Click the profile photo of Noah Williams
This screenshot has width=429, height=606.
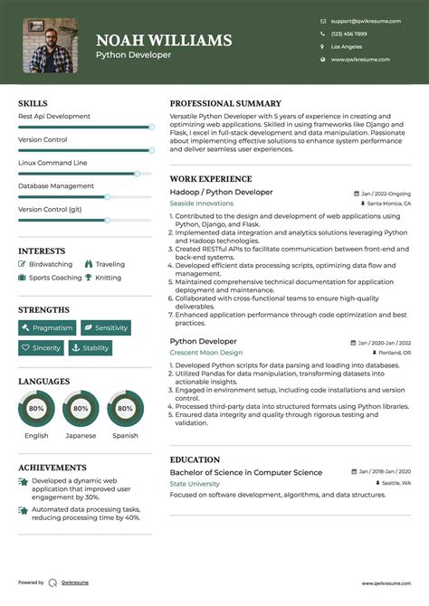pyautogui.click(x=50, y=45)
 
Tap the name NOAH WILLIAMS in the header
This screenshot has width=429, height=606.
pyautogui.click(x=164, y=41)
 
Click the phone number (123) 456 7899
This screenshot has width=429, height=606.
pyautogui.click(x=348, y=33)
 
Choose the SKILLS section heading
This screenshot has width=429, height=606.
pyautogui.click(x=33, y=104)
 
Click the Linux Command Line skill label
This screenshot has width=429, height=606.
pyautogui.click(x=52, y=163)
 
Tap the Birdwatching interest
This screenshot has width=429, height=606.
pyautogui.click(x=50, y=265)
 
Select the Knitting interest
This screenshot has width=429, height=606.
pyautogui.click(x=108, y=278)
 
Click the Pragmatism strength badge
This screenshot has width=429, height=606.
pyautogui.click(x=47, y=327)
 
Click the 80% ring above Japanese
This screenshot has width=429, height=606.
pyautogui.click(x=81, y=409)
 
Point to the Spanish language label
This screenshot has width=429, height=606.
pyautogui.click(x=125, y=436)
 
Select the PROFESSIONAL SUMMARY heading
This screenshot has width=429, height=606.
pyautogui.click(x=225, y=104)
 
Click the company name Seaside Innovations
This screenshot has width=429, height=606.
pyautogui.click(x=201, y=204)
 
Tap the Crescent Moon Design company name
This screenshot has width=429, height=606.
pyautogui.click(x=206, y=353)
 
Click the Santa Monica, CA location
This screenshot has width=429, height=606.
pyautogui.click(x=388, y=204)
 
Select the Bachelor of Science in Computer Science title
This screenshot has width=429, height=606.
pyautogui.click(x=245, y=473)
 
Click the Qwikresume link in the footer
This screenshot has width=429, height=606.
pyautogui.click(x=75, y=582)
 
